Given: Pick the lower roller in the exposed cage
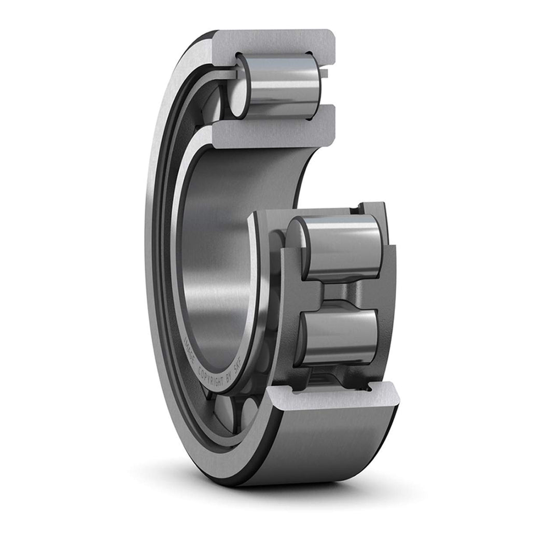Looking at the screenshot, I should pos(340,334).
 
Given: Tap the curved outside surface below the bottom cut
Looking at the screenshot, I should pos(337,446).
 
